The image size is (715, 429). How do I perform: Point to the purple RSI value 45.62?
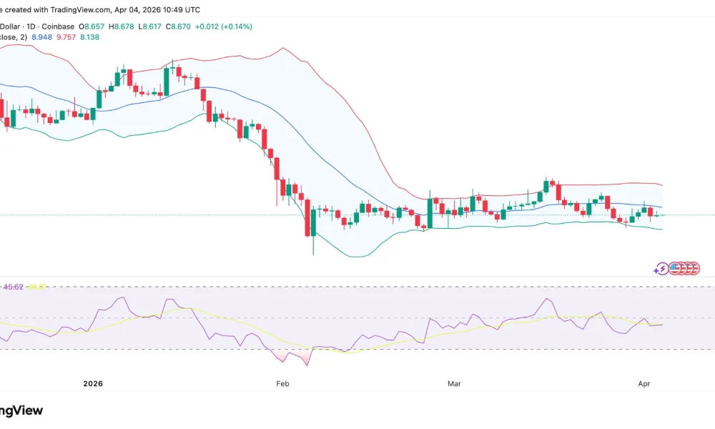coord(14,287)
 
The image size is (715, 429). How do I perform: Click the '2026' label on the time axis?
coord(93,384)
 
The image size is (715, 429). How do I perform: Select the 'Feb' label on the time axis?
coord(282,384)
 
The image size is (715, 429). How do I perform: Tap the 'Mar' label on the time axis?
coord(454,384)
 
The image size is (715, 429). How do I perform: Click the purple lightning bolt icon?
coord(661,269)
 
